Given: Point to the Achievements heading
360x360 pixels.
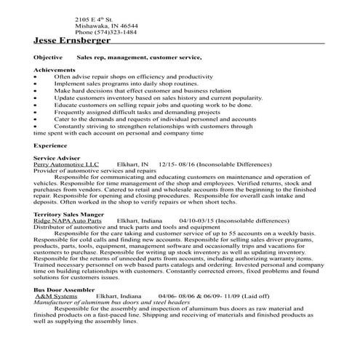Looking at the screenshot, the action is point(55,69).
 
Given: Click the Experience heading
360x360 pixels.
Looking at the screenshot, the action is point(52,145).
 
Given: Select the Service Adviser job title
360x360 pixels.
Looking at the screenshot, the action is point(57,159).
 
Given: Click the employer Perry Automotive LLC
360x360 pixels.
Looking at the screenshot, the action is point(65,165).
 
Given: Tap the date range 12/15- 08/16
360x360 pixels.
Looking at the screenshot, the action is point(174,165).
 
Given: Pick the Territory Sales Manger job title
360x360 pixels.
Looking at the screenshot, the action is point(68,215).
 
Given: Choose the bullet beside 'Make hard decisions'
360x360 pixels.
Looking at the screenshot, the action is point(36,90).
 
